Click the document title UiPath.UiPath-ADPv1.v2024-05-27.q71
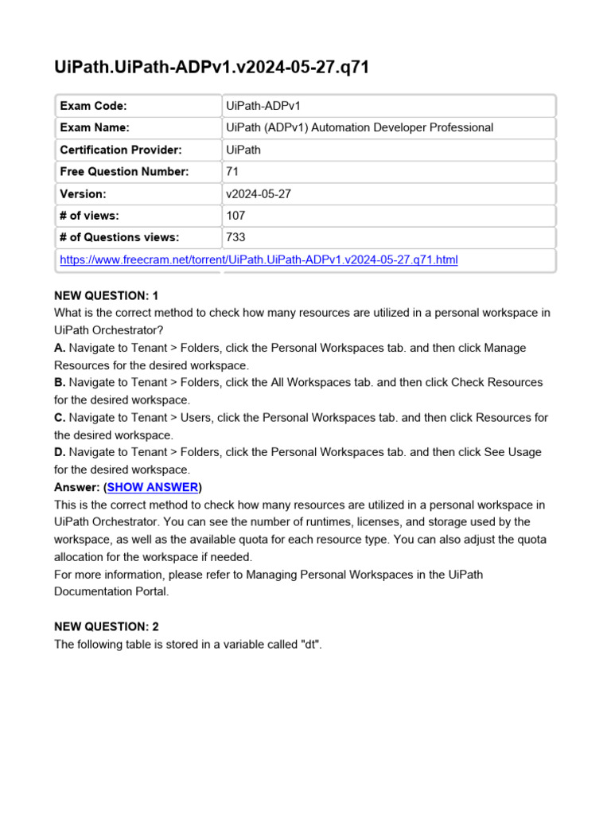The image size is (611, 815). [x=212, y=69]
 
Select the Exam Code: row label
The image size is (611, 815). [x=93, y=106]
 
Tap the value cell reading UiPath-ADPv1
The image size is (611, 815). [x=263, y=106]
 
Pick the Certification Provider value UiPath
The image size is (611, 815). [x=243, y=150]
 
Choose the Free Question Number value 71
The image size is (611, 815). [x=232, y=172]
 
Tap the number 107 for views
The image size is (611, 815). [x=235, y=216]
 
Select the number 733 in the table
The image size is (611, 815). [x=235, y=237]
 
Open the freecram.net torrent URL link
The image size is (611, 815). [x=259, y=260]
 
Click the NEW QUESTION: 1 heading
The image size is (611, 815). [x=107, y=296]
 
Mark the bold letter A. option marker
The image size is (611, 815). [x=60, y=348]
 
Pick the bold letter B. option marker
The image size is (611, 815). [x=60, y=383]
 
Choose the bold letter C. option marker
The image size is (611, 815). [x=60, y=417]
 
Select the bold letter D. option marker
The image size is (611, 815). [x=60, y=452]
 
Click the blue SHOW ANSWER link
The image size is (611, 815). [x=152, y=487]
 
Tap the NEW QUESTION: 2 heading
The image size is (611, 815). [x=107, y=626]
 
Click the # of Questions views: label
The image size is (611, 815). [x=119, y=237]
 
